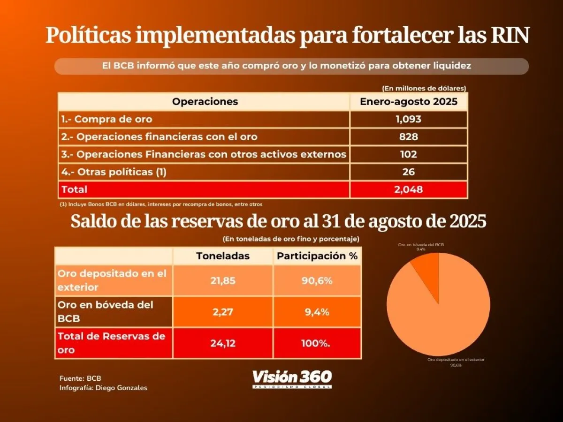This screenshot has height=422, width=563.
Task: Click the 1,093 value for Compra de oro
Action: coord(408,119)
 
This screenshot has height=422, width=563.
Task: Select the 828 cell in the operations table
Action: coord(408,136)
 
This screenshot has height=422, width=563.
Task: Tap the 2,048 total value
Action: coord(408,189)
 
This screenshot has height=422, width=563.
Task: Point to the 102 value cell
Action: coord(408,154)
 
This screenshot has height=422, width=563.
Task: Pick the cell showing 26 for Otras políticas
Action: coord(408,172)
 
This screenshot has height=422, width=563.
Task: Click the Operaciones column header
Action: coord(205,102)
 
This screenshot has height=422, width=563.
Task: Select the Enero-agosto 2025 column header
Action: coord(408,102)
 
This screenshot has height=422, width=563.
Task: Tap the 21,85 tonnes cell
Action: coord(223,280)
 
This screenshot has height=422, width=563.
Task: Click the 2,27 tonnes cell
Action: coord(223,311)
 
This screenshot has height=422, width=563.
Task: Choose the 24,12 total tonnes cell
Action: coord(223,343)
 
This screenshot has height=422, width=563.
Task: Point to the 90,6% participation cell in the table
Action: coord(317,280)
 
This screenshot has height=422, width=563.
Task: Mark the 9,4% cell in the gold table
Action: coord(317,311)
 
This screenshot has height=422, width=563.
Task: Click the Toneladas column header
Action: coord(223,256)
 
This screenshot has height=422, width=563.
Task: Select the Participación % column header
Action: coord(317,256)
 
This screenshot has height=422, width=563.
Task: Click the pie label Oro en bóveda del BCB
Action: coord(420,245)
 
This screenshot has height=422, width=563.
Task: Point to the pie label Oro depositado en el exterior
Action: coord(456,360)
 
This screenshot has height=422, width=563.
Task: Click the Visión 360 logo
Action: coord(292,378)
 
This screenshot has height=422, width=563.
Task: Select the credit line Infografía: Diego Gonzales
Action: coord(103,388)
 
